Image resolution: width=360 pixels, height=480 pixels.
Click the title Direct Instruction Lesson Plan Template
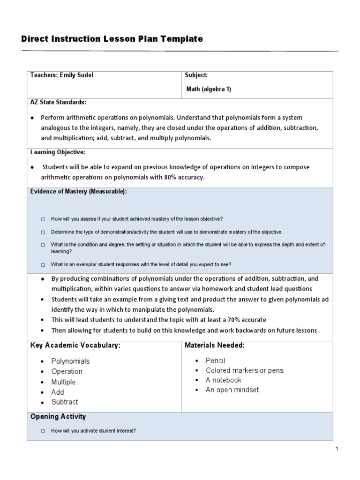coord(112,39)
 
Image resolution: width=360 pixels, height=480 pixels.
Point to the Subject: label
coord(196,75)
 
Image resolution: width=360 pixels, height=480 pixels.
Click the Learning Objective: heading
coord(58,152)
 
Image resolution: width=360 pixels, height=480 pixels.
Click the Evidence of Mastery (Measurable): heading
coord(78,192)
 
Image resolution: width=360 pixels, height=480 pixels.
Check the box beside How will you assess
coord(43,219)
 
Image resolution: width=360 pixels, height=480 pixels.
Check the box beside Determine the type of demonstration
coord(43,232)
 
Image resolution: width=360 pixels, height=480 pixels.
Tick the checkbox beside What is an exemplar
coord(43,264)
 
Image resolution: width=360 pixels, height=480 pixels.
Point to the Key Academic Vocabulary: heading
coord(75,345)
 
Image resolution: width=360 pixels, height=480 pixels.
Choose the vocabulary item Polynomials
coord(70,361)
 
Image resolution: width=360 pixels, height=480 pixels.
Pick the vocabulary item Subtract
coord(65,402)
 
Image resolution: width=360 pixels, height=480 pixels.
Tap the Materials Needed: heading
coord(215,345)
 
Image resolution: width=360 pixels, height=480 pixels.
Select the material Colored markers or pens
coord(244,370)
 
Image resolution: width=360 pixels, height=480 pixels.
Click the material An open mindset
coord(232,390)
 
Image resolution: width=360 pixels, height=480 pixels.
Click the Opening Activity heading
coord(58,416)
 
